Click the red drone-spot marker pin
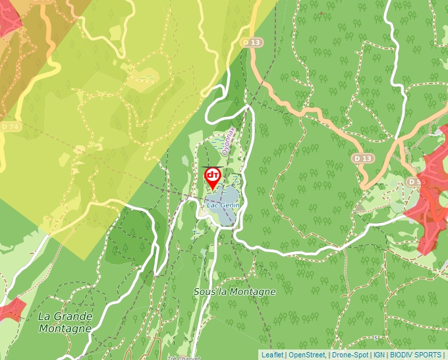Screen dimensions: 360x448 coord(212,176)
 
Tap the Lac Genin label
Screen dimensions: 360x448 coord(222,205)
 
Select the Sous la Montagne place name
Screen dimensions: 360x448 coord(235,291)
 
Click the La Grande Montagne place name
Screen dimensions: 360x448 coord(65,322)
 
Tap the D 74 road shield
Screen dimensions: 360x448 coord(9,126)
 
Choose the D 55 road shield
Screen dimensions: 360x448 coord(414,181)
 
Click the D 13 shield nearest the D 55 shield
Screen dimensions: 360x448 coord(362,159)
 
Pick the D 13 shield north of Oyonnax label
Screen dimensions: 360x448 coord(252,42)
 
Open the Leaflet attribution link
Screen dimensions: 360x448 coord(272,355)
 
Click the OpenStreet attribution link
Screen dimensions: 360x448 coord(307,355)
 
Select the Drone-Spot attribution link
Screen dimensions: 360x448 coord(350,355)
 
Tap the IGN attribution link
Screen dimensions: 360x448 coord(379,355)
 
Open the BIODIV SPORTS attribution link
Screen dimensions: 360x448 coord(416,355)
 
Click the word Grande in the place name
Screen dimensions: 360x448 coord(74,316)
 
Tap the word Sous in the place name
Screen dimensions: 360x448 coord(205,291)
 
